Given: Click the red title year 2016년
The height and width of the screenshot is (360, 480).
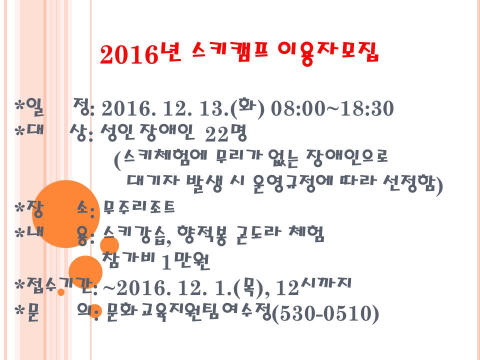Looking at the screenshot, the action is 140,54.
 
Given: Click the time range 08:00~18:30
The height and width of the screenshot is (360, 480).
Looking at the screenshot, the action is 332,108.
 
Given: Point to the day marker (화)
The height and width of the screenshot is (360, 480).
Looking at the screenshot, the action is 247,108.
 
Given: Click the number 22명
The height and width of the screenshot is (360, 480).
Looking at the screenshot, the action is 225,133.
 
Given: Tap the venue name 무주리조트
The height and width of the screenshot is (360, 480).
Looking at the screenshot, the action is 139,207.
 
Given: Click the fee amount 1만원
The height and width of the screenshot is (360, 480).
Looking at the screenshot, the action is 185,262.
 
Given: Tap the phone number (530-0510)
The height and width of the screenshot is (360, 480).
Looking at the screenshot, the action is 325,313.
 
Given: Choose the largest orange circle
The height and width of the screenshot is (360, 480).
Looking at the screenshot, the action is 66,214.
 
